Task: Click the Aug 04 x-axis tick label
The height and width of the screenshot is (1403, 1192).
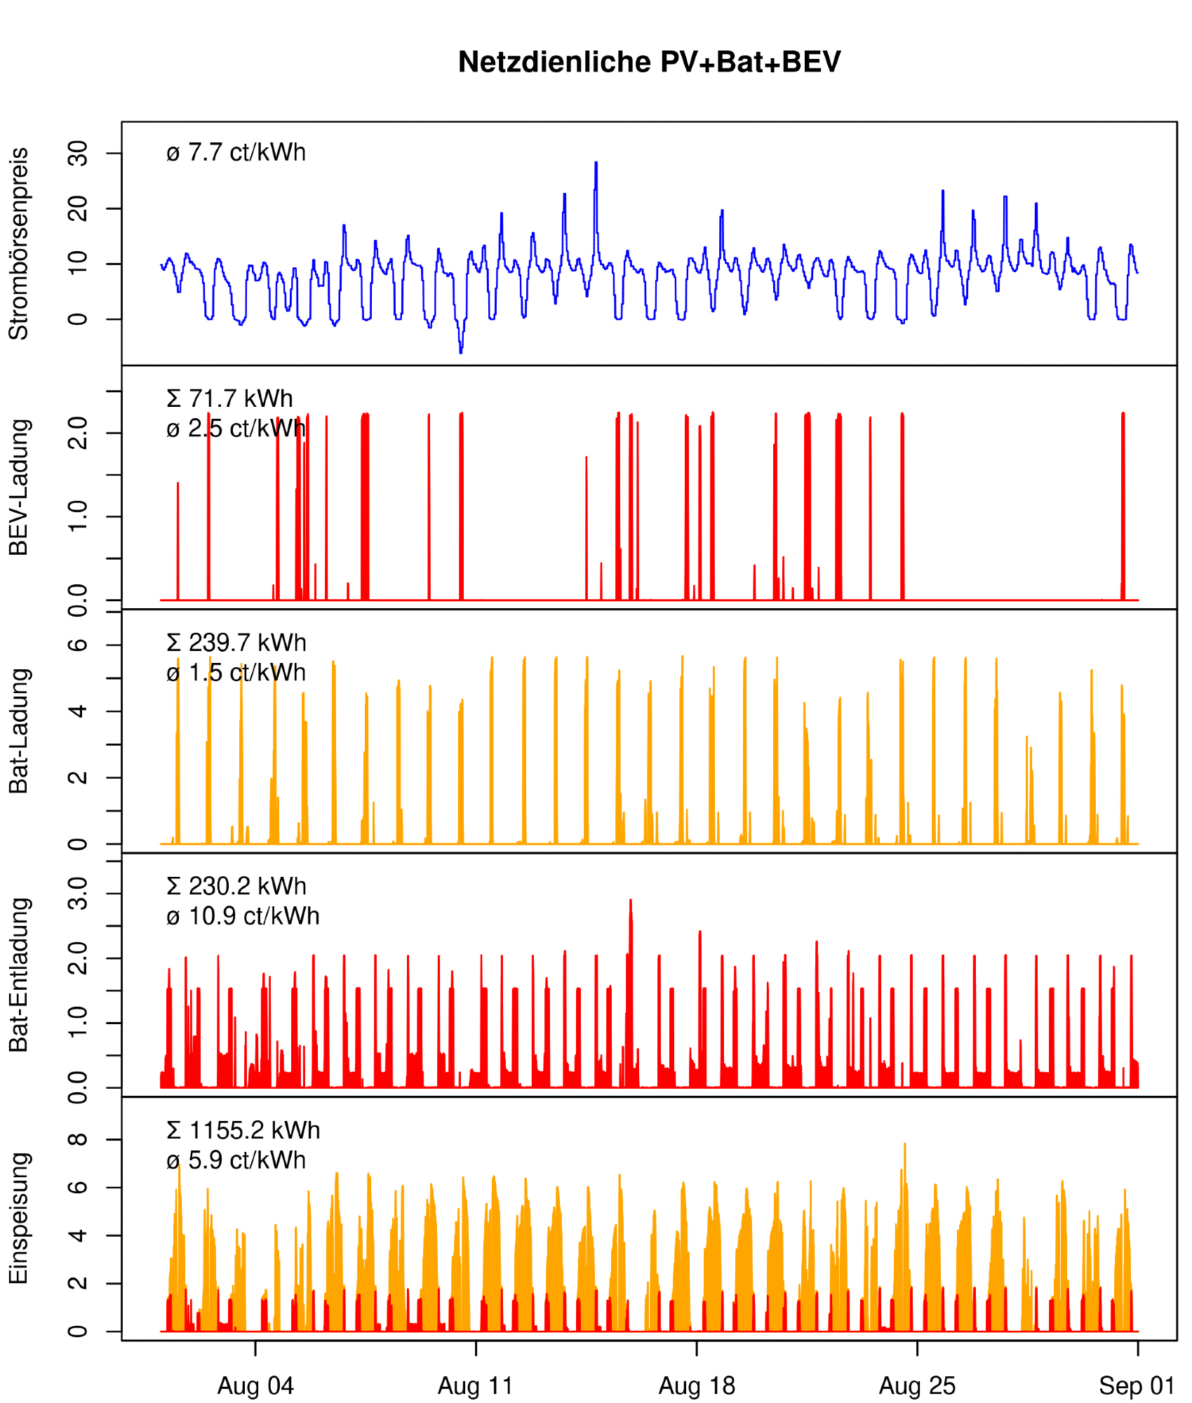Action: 255,1385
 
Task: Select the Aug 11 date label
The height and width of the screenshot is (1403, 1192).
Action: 476,1385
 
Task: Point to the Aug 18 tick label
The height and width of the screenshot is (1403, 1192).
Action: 697,1385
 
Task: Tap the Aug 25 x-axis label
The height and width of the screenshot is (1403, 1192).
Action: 917,1385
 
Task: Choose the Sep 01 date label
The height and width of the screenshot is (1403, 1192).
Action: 1137,1385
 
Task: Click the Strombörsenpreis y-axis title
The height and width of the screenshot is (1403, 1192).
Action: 19,243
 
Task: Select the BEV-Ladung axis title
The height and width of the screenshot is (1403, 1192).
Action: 19,487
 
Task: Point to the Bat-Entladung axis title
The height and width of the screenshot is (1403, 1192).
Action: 19,974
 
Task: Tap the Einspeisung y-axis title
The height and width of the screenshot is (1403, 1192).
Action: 19,1218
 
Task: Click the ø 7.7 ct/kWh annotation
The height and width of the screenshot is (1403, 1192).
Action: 236,152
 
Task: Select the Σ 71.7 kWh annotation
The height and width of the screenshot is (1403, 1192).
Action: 229,398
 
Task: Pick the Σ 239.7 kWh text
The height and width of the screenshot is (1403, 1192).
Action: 236,643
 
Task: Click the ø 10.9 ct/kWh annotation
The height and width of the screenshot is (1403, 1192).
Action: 243,916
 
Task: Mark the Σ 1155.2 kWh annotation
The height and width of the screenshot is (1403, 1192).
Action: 243,1130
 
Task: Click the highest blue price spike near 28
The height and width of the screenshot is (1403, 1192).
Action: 596,163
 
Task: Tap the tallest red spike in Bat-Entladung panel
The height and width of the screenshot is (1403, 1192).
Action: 630,901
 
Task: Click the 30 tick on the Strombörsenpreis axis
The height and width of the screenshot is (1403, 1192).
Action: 77,153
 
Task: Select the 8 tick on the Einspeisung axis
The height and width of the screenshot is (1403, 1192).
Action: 77,1139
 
